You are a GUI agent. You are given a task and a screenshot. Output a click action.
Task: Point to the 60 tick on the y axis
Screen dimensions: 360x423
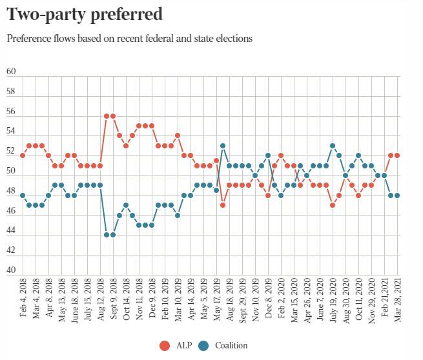(x=11, y=72)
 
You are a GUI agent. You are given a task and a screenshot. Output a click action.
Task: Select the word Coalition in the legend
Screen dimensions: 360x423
(x=231, y=345)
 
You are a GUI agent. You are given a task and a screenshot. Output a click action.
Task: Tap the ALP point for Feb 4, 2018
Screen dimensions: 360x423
(x=23, y=155)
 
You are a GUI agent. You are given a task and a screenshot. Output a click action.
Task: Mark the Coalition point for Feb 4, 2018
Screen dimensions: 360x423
(x=23, y=195)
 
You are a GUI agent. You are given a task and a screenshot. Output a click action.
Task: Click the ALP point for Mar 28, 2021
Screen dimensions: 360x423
(x=397, y=155)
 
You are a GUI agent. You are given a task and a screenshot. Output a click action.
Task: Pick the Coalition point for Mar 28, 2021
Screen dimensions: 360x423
(x=397, y=195)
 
